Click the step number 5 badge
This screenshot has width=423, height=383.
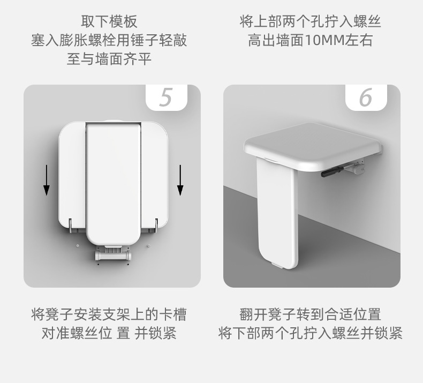167,97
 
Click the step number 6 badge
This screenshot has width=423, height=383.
366,97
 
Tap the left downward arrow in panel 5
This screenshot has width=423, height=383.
47,180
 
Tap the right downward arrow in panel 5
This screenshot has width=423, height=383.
180,180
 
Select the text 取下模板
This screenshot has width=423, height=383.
109,21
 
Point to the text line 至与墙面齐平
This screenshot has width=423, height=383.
109,59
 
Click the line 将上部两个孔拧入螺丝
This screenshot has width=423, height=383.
310,21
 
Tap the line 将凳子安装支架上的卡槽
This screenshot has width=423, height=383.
109,314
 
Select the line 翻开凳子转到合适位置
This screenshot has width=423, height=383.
310,314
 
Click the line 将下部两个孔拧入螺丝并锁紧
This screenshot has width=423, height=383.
310,333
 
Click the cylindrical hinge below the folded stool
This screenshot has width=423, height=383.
113,256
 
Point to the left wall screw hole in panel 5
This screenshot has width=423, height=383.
78,246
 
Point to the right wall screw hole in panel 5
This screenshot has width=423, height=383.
148,246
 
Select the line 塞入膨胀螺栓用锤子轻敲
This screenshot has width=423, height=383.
109,41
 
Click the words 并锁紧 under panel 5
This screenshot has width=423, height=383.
155,333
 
